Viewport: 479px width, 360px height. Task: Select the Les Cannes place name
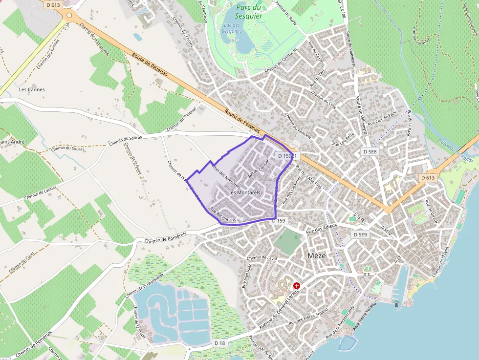pyautogui.click(x=32, y=89)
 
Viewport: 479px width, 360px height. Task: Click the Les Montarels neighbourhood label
pyautogui.click(x=244, y=193)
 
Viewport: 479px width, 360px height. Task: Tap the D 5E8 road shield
pyautogui.click(x=370, y=152)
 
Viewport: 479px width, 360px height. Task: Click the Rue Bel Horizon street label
pyautogui.click(x=223, y=215)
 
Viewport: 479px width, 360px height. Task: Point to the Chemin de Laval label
pyautogui.click(x=262, y=258)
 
